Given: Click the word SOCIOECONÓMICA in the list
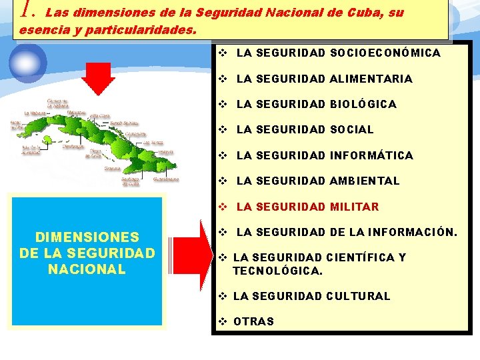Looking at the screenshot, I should tap(385, 53).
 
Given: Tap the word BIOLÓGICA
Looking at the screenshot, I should tap(363, 104).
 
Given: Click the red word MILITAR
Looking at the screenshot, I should tap(354, 207).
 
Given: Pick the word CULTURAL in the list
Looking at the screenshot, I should tap(358, 296).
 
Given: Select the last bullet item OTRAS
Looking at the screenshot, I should tap(253, 321).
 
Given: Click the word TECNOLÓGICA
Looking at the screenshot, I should tap(277, 271).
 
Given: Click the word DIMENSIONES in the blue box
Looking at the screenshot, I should tap(87, 237).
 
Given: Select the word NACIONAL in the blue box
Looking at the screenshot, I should tap(87, 269).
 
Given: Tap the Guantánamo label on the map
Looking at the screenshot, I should tap(165, 179).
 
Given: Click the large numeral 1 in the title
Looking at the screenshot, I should tap(26, 9).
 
